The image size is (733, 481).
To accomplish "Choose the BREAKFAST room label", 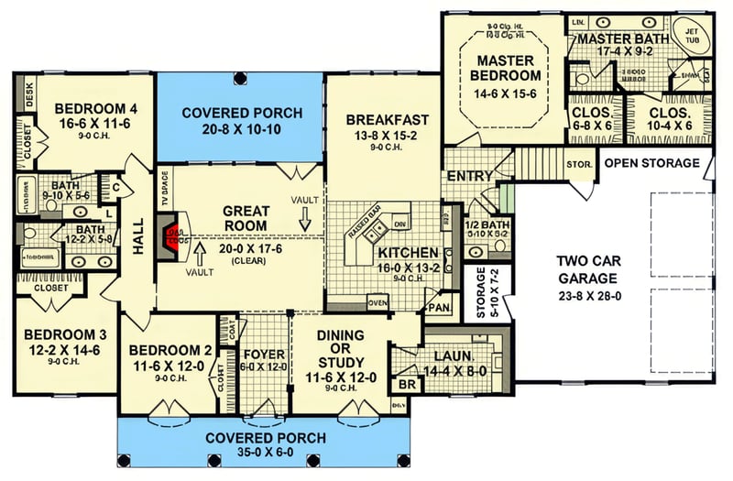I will (x=388, y=119).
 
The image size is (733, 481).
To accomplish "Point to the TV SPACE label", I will (x=165, y=188).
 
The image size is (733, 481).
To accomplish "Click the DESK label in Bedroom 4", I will (x=28, y=96).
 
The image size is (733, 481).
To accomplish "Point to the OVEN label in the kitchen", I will (x=377, y=301).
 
